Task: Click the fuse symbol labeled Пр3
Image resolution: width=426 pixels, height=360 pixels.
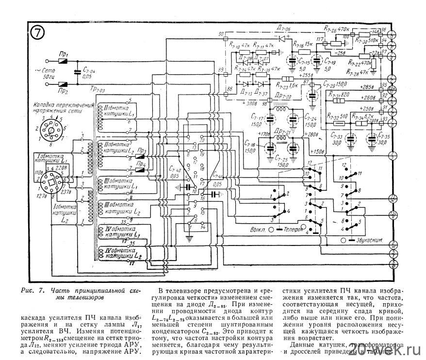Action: [141, 151]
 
